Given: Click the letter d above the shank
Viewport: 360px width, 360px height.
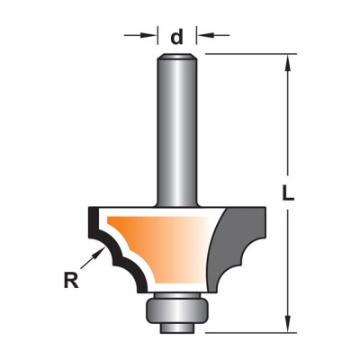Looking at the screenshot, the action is (177, 37).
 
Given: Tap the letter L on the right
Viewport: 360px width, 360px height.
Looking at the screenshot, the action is (288, 193).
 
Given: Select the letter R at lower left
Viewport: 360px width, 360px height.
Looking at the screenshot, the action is (71, 280).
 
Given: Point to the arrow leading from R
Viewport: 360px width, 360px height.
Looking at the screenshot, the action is (91, 258).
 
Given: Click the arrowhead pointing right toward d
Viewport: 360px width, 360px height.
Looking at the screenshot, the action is (151, 35).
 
